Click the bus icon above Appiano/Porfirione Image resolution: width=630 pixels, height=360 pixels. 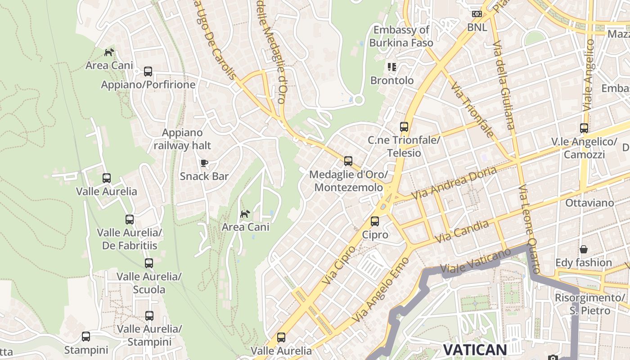click(148, 72)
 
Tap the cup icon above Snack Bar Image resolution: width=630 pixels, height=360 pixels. click(204, 163)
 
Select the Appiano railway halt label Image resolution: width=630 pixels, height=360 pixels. click(182, 139)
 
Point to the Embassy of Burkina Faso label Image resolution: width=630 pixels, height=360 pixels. click(401, 36)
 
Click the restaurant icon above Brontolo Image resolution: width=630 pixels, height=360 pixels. click(392, 67)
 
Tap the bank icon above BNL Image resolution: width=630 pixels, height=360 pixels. click(477, 14)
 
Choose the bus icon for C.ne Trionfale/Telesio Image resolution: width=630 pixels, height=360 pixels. click(404, 127)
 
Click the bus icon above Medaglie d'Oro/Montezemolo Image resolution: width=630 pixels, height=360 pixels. click(348, 161)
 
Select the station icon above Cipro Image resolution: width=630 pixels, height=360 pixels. click(375, 221)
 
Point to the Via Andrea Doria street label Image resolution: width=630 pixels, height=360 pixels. click(454, 184)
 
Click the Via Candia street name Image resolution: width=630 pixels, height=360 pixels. click(462, 231)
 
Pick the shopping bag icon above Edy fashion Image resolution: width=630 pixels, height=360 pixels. click(584, 249)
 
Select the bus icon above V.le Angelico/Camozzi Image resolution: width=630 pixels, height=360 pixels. click(584, 128)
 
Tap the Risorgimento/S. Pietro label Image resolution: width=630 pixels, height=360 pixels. click(589, 304)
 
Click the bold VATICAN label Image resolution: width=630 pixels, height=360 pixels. click(475, 350)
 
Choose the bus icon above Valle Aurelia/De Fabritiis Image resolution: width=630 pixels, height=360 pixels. click(130, 220)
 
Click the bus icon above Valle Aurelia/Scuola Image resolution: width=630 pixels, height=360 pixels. click(149, 263)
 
